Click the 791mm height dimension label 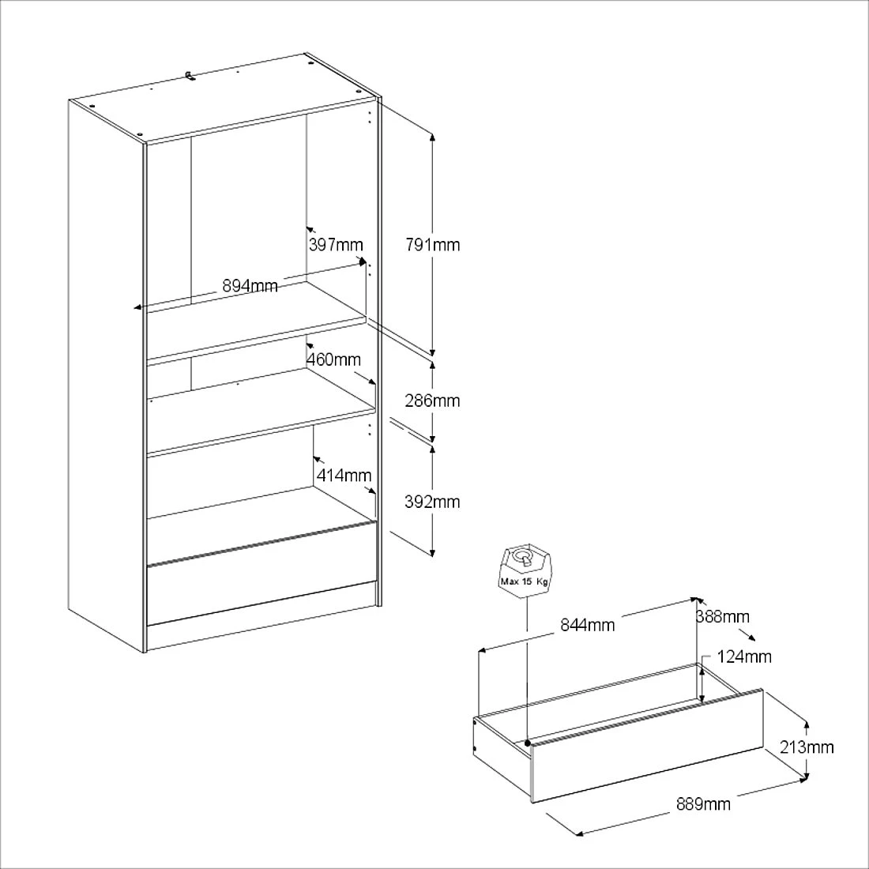(x=432, y=244)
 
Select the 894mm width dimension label (x=250, y=286)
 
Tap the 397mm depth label (x=336, y=244)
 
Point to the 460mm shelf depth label (x=333, y=359)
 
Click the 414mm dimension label (x=344, y=475)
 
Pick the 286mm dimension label (x=432, y=401)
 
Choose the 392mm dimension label (x=432, y=502)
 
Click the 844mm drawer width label (x=588, y=625)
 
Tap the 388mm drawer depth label (x=723, y=616)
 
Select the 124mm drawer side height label (x=745, y=656)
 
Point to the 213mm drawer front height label (x=807, y=746)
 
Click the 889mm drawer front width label (x=703, y=804)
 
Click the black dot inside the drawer (x=527, y=743)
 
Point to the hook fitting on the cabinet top (x=190, y=74)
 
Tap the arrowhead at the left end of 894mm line (x=137, y=307)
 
